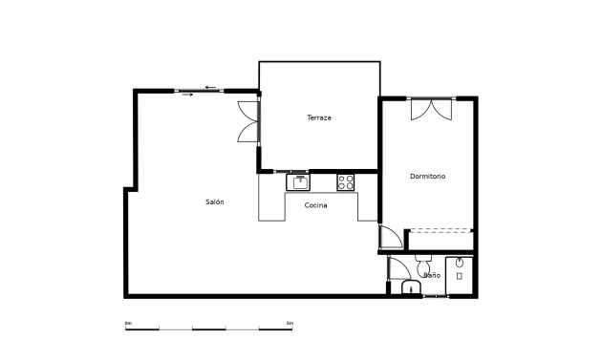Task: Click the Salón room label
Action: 215,201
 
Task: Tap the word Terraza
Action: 319,117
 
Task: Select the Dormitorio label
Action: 427,177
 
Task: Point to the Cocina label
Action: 316,205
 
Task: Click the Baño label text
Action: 432,276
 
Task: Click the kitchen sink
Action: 299,180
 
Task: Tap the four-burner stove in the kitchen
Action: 346,180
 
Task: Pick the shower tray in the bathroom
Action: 460,274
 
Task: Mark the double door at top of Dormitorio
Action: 429,109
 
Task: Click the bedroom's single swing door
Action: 391,237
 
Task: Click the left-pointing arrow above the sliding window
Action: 209,86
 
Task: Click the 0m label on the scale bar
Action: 128,324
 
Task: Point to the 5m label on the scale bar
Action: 290,324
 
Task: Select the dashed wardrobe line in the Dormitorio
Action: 441,230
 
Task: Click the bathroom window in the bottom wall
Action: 435,297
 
